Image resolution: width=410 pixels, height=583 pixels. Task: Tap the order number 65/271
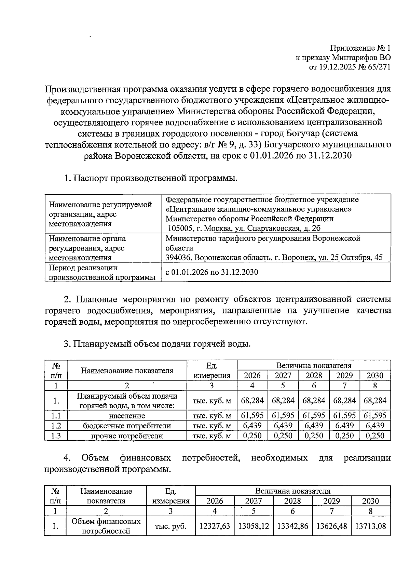pos(378,67)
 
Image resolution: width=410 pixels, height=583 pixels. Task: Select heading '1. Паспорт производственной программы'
pos(150,178)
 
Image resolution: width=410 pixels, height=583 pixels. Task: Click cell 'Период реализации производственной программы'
pos(102,272)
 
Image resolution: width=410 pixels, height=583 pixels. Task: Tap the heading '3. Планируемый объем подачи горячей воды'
pos(157,344)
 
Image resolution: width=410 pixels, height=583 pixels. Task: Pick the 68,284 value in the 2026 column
pos(252,400)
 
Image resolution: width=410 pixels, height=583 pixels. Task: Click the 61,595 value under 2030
pos(375,416)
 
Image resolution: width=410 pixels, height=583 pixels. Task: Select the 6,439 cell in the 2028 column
pos(314,426)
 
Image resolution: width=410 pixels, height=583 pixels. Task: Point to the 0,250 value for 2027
pos(283,436)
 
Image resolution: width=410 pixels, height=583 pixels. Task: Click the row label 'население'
pos(127,416)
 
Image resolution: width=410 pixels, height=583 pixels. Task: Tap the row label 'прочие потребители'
pos(127,436)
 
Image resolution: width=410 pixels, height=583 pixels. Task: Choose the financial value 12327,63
pos(215,526)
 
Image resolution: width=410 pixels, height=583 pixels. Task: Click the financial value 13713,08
pos(370,526)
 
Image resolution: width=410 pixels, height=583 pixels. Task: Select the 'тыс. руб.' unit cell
pos(170,526)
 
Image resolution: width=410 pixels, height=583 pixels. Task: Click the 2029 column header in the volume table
pos(344,375)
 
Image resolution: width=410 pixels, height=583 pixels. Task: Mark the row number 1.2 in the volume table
pos(56,426)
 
